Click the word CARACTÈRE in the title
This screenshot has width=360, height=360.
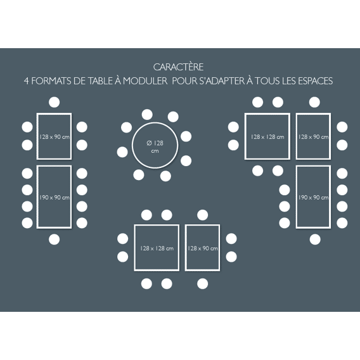tap(178, 67)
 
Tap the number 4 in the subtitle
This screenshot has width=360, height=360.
tap(27, 81)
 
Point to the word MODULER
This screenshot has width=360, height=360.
tap(145, 81)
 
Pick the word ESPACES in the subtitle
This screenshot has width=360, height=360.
tap(316, 81)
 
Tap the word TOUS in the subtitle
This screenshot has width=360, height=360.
tap(267, 81)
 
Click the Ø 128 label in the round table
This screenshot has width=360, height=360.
tap(155, 143)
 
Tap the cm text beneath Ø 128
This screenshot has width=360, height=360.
tap(155, 151)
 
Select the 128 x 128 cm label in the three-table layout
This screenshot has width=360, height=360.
tap(267, 137)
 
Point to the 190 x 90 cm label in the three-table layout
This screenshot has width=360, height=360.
tap(313, 198)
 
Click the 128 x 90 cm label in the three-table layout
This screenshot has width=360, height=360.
tap(313, 137)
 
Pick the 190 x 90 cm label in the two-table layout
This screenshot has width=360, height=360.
tap(54, 198)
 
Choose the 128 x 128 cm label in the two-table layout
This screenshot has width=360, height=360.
tap(157, 248)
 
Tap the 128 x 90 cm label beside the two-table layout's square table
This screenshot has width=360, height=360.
tap(203, 248)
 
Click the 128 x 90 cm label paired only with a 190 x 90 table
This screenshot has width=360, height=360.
tap(54, 137)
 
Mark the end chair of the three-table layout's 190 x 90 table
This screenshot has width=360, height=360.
tap(315, 240)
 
